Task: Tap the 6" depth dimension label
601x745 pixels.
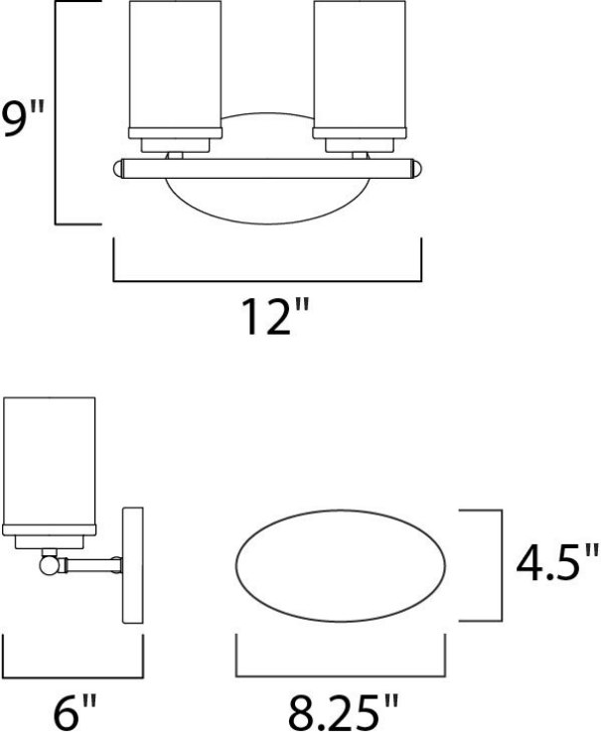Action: click(75, 712)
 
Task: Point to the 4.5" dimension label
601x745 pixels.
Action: click(557, 565)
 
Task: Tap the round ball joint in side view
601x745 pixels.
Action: click(49, 567)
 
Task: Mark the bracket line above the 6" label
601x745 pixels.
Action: click(75, 673)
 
